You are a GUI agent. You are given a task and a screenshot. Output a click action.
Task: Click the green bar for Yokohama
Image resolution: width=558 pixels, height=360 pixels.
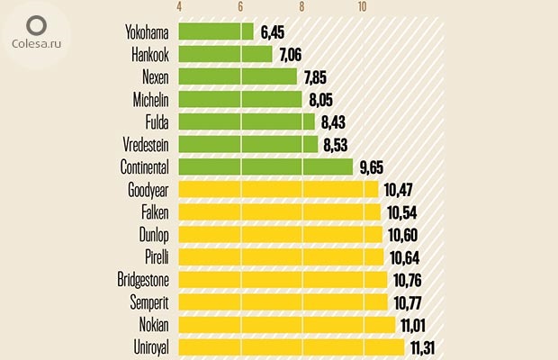click(216, 31)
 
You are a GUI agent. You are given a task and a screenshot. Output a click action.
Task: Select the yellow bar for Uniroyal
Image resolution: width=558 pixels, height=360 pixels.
click(292, 346)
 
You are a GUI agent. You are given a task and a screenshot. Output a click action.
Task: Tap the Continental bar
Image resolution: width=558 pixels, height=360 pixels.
click(265, 166)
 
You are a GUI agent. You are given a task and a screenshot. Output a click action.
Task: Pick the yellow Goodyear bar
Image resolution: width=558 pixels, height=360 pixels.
click(278, 189)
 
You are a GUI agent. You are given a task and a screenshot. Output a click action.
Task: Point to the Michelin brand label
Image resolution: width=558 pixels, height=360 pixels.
click(148, 99)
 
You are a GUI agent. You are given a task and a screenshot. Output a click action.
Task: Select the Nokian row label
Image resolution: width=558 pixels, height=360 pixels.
click(152, 324)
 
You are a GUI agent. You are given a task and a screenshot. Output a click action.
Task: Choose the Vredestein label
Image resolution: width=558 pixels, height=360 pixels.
click(146, 144)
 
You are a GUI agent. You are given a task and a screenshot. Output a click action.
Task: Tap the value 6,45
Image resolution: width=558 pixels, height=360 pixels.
click(274, 32)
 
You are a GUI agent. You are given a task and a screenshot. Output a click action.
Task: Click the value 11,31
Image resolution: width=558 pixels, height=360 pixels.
click(427, 347)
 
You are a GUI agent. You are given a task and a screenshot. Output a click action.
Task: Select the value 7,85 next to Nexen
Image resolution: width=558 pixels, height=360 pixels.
click(318, 77)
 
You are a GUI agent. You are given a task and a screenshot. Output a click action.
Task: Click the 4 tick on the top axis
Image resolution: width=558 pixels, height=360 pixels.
click(180, 7)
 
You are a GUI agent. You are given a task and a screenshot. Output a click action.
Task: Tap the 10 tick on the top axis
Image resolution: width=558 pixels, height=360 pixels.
click(362, 7)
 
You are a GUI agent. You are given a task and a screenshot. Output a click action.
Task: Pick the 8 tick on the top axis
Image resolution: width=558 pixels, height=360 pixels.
click(301, 7)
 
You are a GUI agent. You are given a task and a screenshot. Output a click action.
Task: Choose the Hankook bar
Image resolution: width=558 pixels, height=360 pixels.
click(225, 54)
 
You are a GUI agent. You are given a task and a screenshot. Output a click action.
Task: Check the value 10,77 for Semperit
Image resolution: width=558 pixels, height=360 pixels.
click(409, 302)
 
